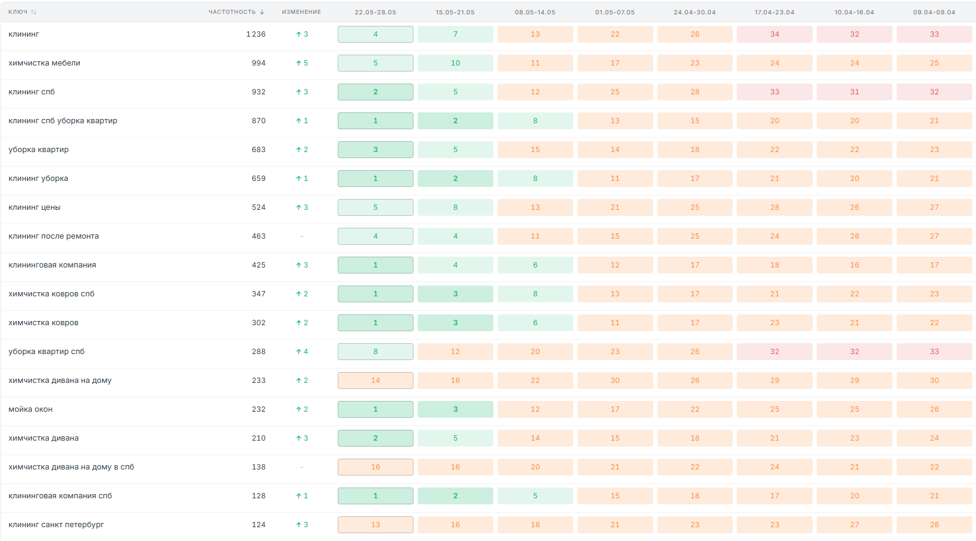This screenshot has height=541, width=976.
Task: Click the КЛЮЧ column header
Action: (18, 12)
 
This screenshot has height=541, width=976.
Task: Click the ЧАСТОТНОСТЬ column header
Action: (232, 12)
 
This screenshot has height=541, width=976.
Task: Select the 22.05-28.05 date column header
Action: (375, 12)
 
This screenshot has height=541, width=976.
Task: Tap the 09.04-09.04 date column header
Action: (934, 12)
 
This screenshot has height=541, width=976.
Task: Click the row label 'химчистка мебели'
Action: (44, 63)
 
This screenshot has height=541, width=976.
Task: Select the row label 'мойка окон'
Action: (31, 409)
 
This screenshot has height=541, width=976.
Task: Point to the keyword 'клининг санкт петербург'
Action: (56, 524)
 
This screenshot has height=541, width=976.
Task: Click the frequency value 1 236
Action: (256, 34)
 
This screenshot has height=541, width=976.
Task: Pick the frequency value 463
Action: (258, 236)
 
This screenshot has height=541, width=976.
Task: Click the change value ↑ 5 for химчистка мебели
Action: (302, 63)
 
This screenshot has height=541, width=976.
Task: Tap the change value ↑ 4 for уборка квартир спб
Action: (302, 352)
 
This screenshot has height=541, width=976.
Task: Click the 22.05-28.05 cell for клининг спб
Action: (376, 92)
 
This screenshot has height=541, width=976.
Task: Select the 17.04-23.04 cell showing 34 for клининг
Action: (775, 34)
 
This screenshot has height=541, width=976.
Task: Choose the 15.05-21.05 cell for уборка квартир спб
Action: (456, 352)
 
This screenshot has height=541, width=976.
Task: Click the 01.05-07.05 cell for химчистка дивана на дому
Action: (615, 380)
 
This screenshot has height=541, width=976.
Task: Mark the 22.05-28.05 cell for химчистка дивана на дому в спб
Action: (376, 467)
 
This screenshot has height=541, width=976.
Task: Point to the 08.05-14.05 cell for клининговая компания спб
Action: (535, 496)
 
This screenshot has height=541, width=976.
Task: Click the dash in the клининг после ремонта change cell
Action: (302, 236)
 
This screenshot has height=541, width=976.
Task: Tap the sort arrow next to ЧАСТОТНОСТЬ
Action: (262, 12)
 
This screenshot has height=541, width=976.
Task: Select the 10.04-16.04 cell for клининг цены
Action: (855, 207)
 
